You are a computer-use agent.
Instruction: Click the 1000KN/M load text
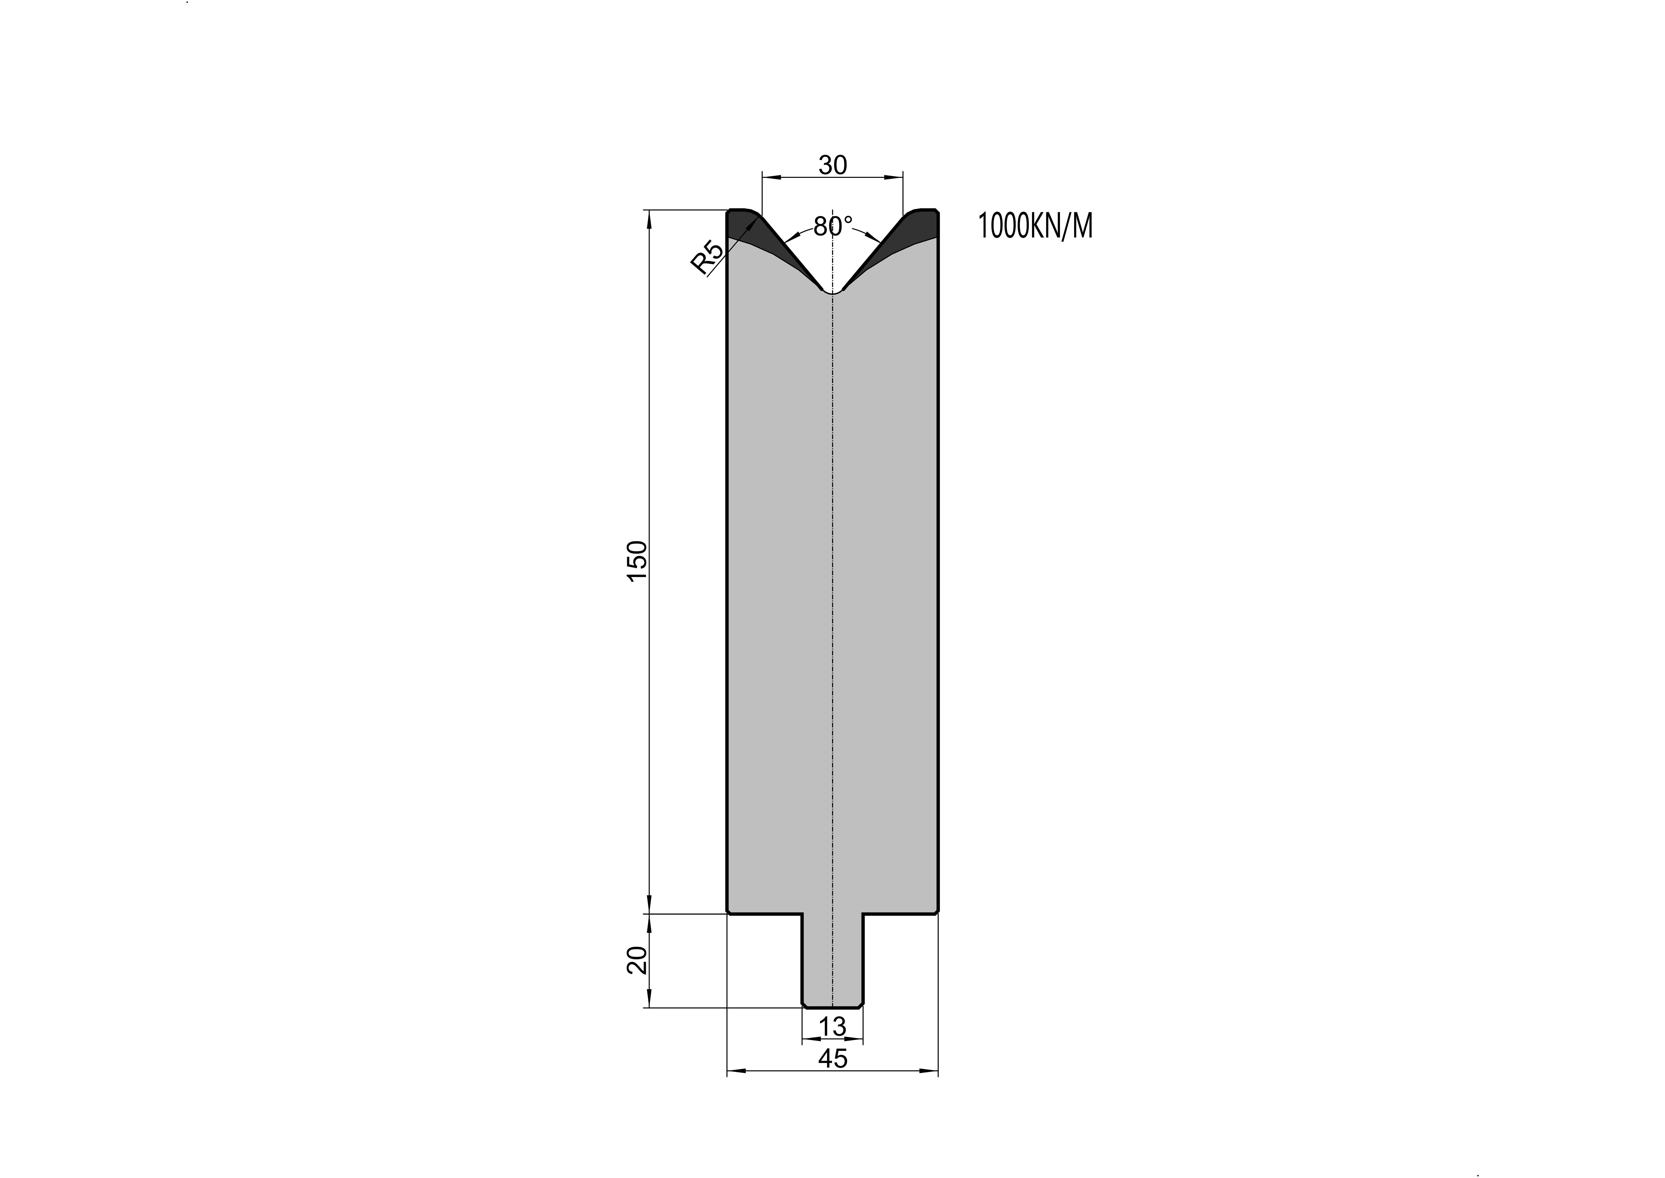coord(1035,226)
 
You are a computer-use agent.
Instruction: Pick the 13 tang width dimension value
coord(833,1026)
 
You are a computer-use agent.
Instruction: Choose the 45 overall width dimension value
coord(833,1059)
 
